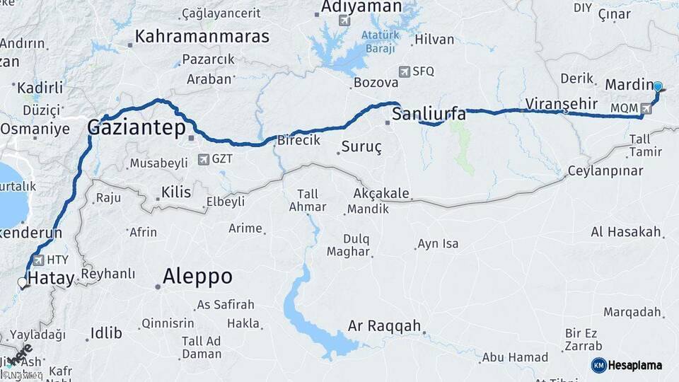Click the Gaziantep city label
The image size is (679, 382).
(x=136, y=128)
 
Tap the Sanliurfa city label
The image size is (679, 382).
(x=429, y=113)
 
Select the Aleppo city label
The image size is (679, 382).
(x=197, y=277)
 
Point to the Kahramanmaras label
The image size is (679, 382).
(x=202, y=36)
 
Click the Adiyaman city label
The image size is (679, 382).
(x=361, y=6)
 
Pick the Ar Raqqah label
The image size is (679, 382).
(x=385, y=327)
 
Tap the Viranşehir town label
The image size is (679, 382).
(x=557, y=103)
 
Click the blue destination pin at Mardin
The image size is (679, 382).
(x=658, y=87)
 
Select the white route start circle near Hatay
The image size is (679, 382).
(x=23, y=283)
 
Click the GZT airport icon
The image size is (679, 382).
(x=204, y=159)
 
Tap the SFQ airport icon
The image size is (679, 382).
(x=404, y=71)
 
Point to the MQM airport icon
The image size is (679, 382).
(x=646, y=109)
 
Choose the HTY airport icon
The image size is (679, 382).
(x=37, y=260)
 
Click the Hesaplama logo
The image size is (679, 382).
(x=627, y=365)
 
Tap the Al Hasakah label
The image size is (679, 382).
(x=626, y=232)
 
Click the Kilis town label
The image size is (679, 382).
(x=176, y=192)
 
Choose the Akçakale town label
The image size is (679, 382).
(x=382, y=195)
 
